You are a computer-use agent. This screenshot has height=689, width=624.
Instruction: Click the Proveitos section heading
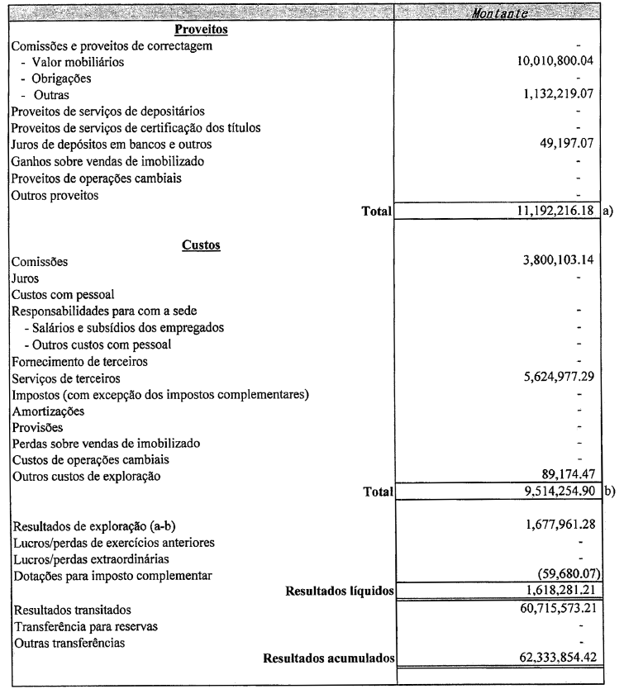click(202, 30)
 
